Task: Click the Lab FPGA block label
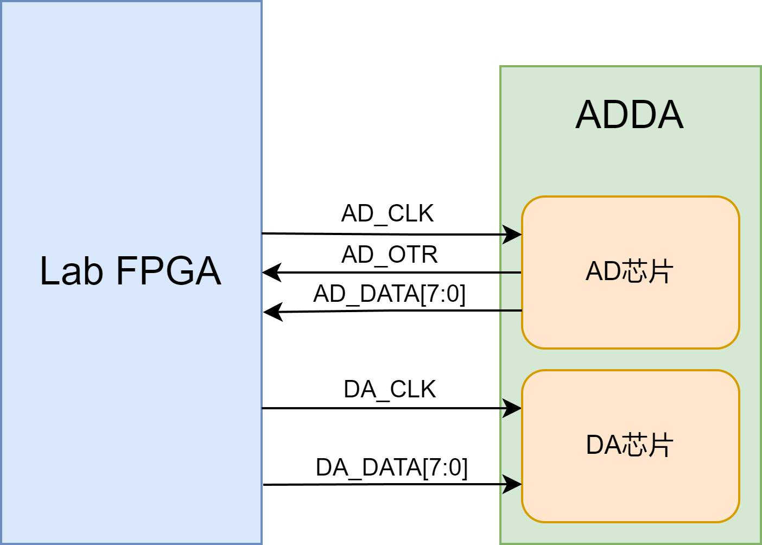pos(130,271)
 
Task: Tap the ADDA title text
pos(630,115)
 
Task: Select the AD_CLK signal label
pos(388,213)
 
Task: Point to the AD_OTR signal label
pos(390,255)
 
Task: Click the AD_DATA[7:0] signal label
pos(390,294)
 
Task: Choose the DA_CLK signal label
pos(390,389)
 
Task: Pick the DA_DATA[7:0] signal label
pos(392,467)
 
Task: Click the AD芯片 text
pos(630,271)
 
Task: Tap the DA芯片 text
pos(630,445)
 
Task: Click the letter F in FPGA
pos(126,271)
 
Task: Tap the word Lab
pos(71,271)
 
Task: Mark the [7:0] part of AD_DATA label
pos(443,294)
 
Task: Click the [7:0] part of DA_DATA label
pos(446,467)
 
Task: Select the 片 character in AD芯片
pos(661,271)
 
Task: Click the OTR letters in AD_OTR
pos(413,255)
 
